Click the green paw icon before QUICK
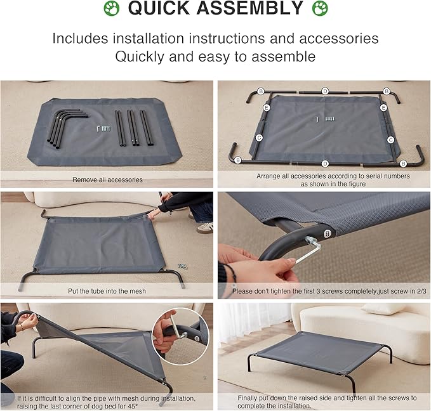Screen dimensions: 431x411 coord(112,8)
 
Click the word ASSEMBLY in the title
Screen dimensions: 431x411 coord(249,8)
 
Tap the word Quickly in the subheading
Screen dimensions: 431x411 coord(140,57)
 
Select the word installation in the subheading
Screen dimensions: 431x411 coord(148,39)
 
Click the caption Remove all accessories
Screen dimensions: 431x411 coord(107,179)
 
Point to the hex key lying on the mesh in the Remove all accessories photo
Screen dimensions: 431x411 coord(98,128)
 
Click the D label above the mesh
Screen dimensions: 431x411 coord(325,91)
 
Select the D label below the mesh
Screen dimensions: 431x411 coord(325,164)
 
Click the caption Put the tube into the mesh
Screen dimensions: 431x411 coord(107,291)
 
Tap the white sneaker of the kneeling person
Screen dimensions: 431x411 coord(205,228)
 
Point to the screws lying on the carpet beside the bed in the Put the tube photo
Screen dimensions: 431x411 coord(183,266)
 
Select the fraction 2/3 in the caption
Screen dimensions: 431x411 coord(421,291)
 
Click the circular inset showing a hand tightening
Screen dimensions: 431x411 coord(180,336)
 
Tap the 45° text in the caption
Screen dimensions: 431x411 coord(133,406)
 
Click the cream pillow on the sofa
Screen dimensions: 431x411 coord(384,309)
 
